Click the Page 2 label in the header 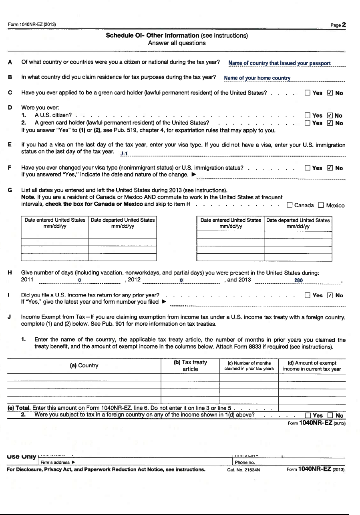(x=338, y=25)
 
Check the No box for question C (x=330, y=93)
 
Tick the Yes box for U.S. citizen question (x=308, y=116)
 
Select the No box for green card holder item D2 (x=330, y=123)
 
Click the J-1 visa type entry (x=123, y=154)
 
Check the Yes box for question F (x=308, y=168)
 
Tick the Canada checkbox (x=290, y=205)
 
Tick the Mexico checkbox (x=321, y=205)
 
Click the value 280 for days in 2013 (x=298, y=281)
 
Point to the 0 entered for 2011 (x=80, y=281)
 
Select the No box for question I (x=330, y=296)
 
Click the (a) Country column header (x=84, y=366)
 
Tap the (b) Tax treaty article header (x=190, y=366)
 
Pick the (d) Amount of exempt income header (x=312, y=366)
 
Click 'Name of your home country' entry (x=257, y=78)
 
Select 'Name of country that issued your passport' (x=280, y=63)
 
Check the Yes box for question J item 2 (x=308, y=416)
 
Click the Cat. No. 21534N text (x=243, y=470)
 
